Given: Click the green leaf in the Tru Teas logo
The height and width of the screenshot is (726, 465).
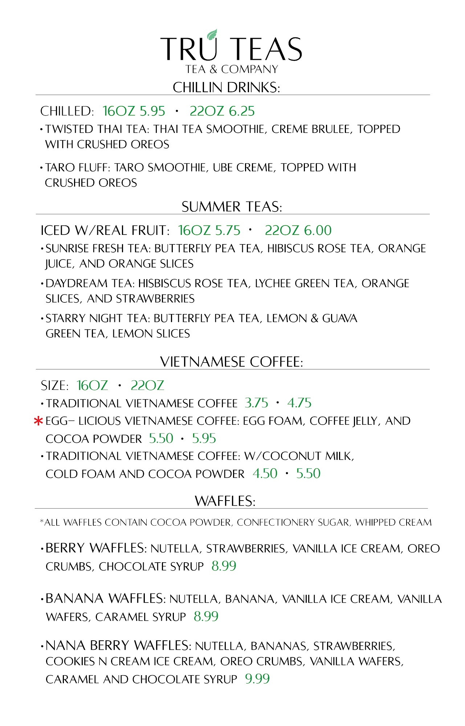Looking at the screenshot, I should tap(212, 34).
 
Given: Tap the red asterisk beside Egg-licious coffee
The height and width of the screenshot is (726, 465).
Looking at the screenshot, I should tap(38, 421).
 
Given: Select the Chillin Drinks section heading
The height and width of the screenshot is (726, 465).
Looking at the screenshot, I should tap(226, 87).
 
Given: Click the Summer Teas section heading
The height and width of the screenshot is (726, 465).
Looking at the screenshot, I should tap(232, 207).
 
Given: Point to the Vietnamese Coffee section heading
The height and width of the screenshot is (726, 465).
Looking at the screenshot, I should tap(231, 362).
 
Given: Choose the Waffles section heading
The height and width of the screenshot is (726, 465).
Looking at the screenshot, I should tap(225, 501).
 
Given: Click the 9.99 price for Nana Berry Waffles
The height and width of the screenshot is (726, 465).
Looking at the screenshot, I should tap(257, 679).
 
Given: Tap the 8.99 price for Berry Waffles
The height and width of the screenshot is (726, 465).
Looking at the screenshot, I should tap(224, 566).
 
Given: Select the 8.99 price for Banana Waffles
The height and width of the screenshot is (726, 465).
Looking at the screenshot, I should tap(206, 616).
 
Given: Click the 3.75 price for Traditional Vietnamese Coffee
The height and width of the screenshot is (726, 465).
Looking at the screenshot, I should tap(256, 403).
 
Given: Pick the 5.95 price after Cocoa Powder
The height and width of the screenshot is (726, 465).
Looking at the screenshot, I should tap(204, 439).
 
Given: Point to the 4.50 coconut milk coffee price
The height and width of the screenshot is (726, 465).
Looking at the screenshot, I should tap(265, 473).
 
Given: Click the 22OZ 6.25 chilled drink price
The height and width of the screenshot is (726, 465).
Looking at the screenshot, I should tap(222, 111).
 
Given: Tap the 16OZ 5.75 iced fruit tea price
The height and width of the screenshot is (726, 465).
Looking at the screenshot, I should tap(209, 230).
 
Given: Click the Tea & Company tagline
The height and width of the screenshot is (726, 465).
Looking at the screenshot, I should tap(232, 69).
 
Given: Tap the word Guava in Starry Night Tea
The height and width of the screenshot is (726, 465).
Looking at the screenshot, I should tap(340, 318).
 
